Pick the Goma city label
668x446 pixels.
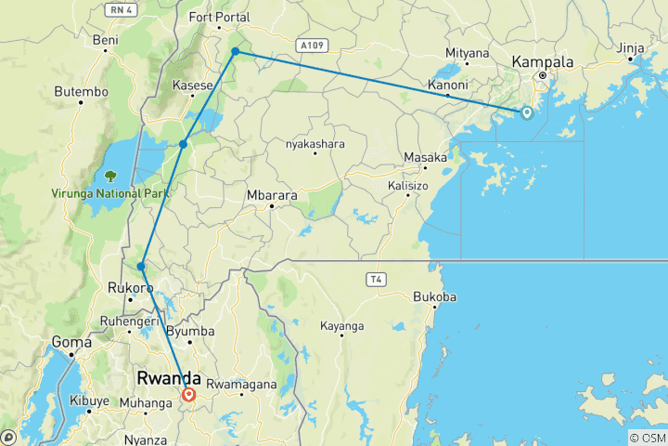point(71,341)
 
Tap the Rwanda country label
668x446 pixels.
point(169,378)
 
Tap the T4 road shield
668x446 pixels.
point(376,278)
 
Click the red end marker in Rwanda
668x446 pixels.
point(189,395)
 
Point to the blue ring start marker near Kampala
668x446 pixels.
point(526,113)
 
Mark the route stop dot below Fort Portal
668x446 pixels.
point(236,51)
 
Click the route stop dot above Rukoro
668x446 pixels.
point(141,267)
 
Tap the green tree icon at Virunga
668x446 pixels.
point(110,175)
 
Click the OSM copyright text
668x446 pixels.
point(646,438)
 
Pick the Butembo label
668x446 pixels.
point(82,91)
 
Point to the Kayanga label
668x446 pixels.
point(342,326)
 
